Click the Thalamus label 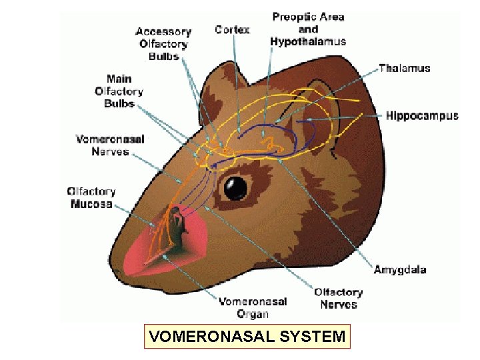tap(404, 68)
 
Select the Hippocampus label tap(422, 116)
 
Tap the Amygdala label tap(399, 270)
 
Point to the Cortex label tap(232, 29)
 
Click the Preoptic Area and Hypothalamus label tap(308, 29)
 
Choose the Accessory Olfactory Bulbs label tap(163, 44)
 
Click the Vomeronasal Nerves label tap(109, 145)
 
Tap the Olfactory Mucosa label tap(91, 197)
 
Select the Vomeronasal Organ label tap(253, 307)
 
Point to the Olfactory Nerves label tap(339, 298)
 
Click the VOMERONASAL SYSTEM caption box tap(247, 337)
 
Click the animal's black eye tap(235, 188)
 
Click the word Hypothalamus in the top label tap(308, 41)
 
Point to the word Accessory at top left tap(163, 31)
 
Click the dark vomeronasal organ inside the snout tap(176, 223)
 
